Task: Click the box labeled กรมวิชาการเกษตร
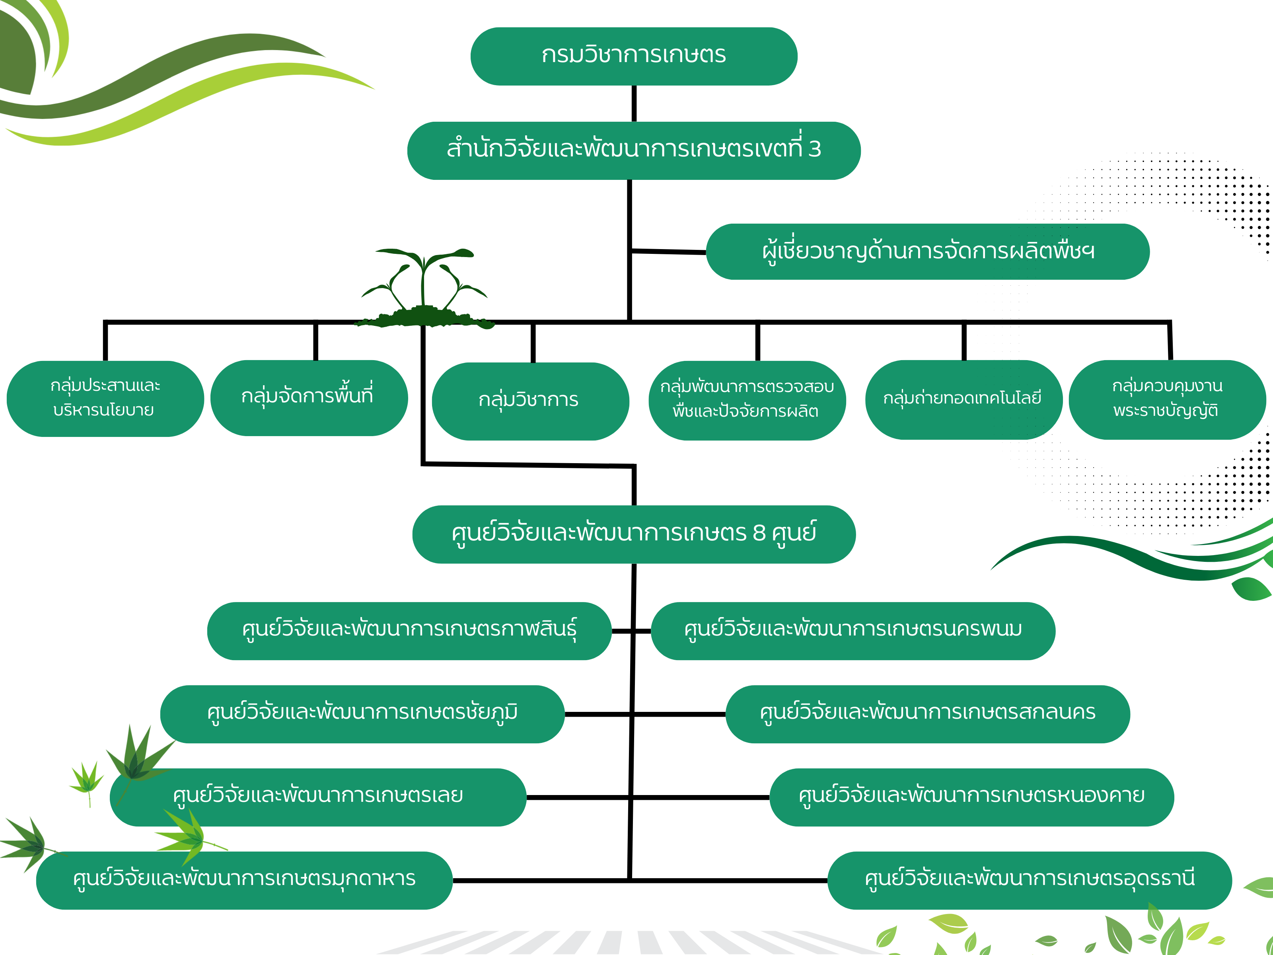[x=634, y=56]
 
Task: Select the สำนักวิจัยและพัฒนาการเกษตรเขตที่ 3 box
[x=634, y=150]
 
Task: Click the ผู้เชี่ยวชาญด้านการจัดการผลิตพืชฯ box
[x=927, y=251]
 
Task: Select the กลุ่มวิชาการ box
[x=530, y=401]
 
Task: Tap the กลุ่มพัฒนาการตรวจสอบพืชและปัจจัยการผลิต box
[x=747, y=400]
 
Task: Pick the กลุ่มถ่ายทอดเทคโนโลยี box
[x=964, y=400]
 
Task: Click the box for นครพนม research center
[x=853, y=631]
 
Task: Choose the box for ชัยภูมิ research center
[x=362, y=714]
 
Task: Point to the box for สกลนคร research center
[x=927, y=714]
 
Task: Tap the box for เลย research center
[x=318, y=797]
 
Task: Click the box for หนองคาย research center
[x=971, y=797]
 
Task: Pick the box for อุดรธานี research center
[x=1030, y=880]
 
